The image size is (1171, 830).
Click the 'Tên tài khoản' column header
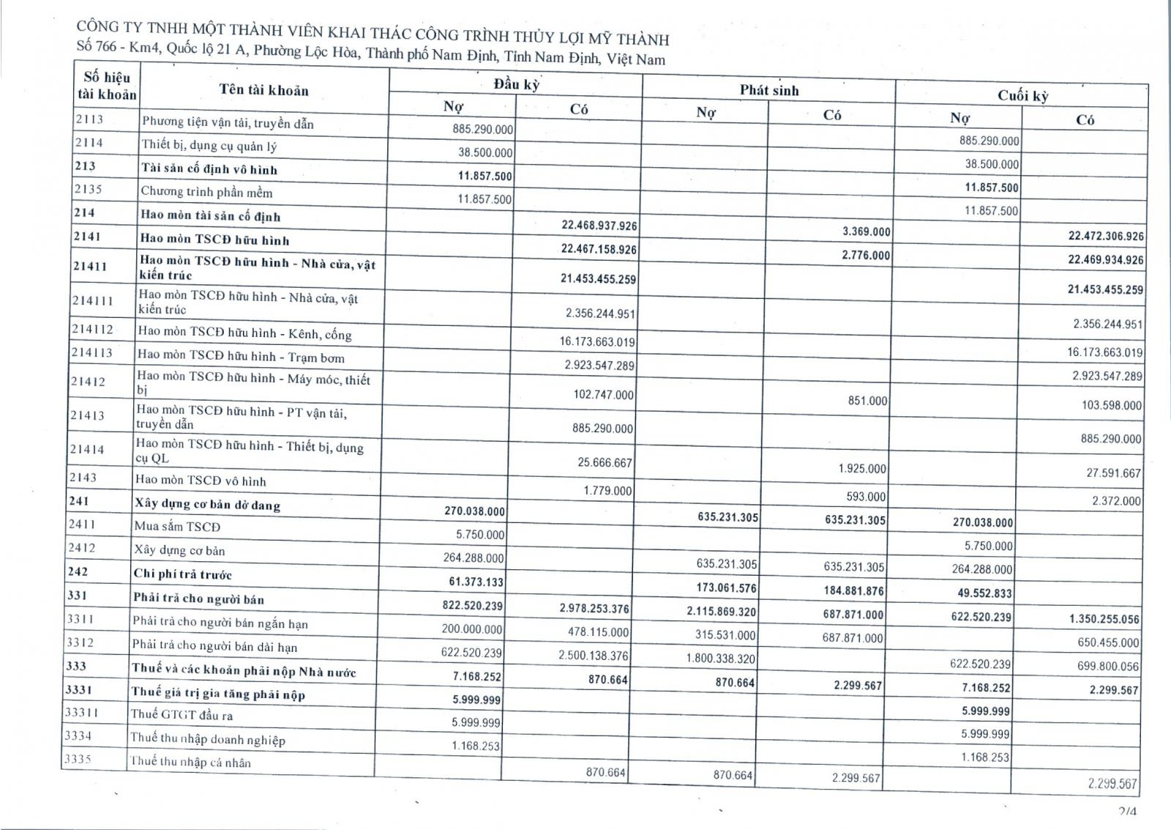point(263,90)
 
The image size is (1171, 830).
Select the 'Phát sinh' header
point(768,90)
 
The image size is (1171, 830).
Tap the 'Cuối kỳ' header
point(1022,95)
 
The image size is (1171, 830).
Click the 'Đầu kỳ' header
point(516,84)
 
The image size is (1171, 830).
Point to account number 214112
point(92,330)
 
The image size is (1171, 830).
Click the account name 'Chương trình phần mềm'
point(206,192)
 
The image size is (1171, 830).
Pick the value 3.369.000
point(866,231)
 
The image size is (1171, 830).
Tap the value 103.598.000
point(1111,404)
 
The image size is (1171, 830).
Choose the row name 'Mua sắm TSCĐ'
point(177,526)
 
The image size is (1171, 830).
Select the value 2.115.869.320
point(721,611)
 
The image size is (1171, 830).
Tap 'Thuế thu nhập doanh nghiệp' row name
point(208,738)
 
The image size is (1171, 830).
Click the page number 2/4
point(1127,811)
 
